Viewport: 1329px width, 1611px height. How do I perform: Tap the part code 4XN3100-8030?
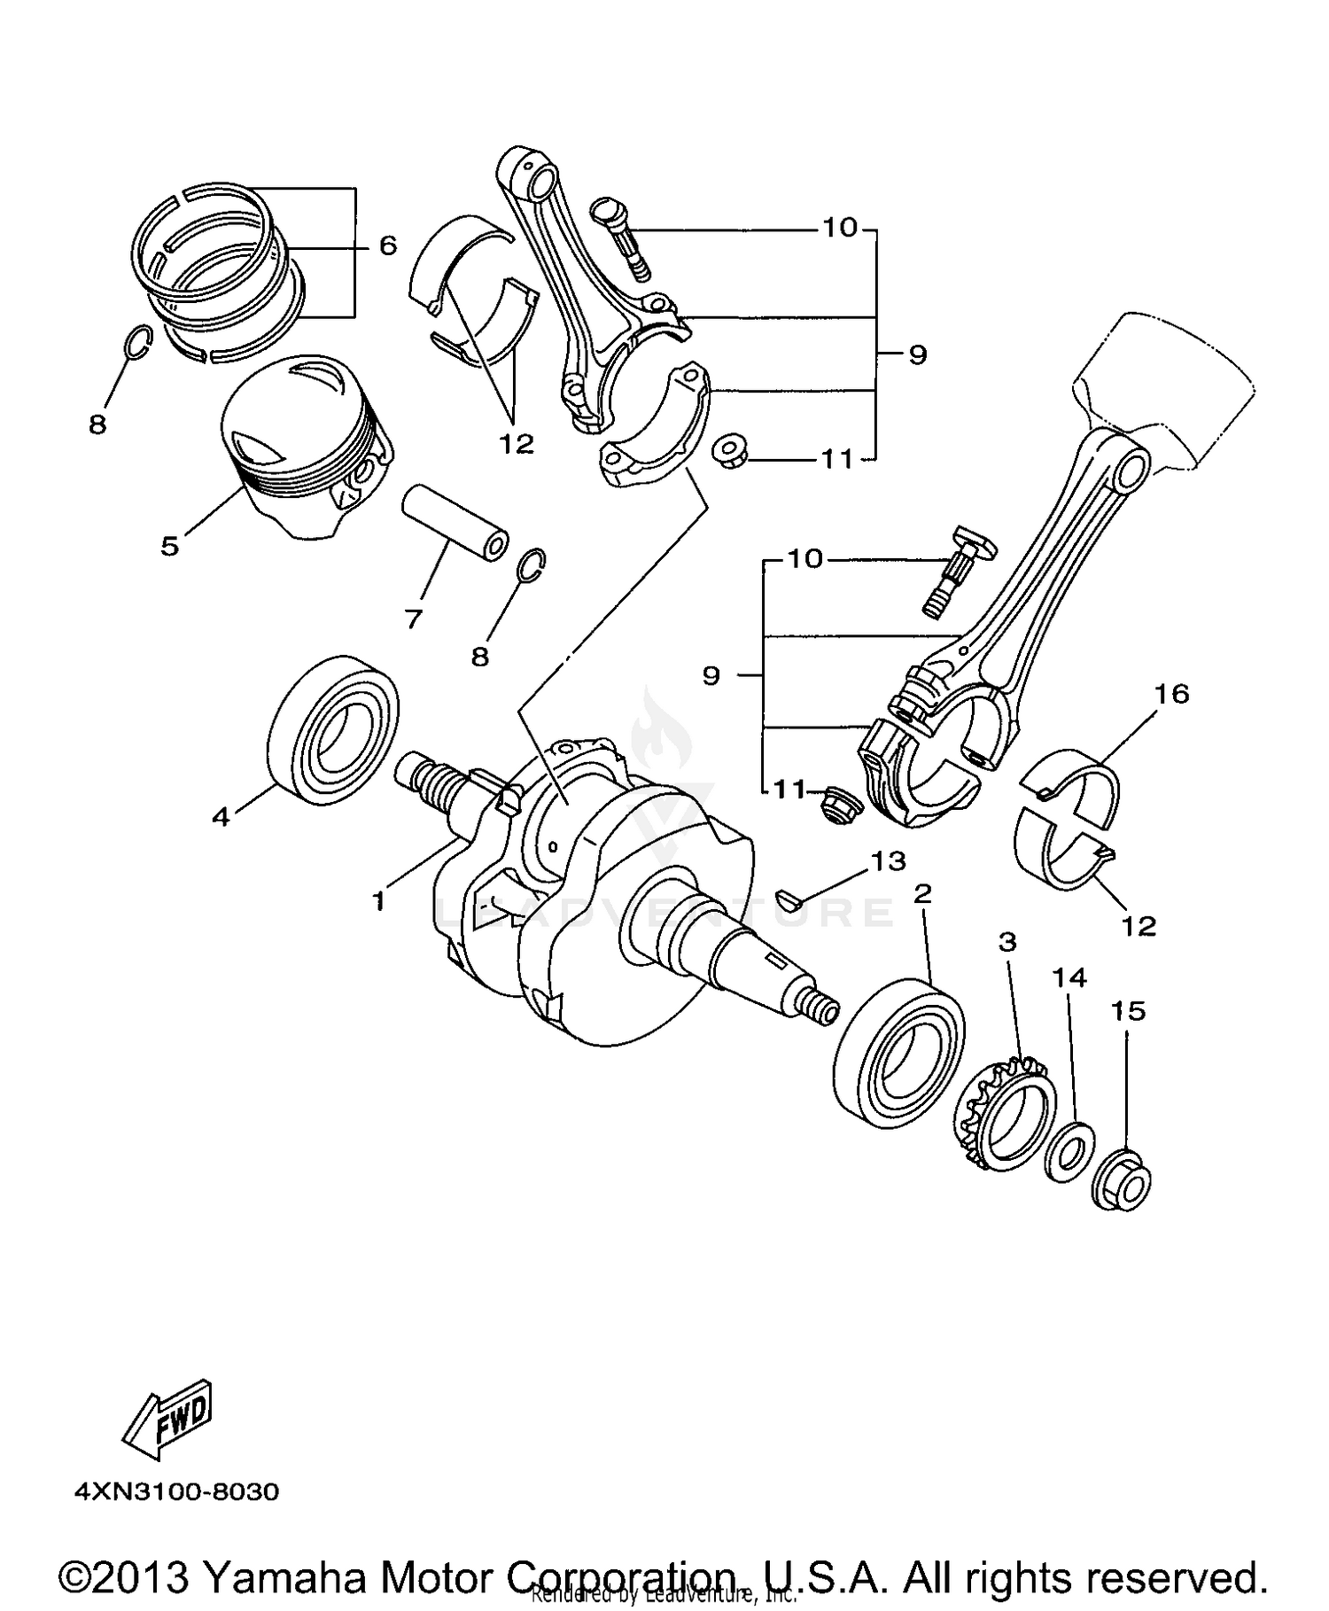point(176,1492)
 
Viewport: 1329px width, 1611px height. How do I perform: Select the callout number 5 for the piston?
point(169,546)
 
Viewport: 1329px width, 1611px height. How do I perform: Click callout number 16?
point(1171,694)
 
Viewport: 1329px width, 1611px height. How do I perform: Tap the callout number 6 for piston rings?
point(388,245)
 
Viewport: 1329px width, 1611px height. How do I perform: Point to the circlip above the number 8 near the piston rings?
point(138,343)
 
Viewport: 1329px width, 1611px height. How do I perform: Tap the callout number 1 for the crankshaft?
point(378,902)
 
